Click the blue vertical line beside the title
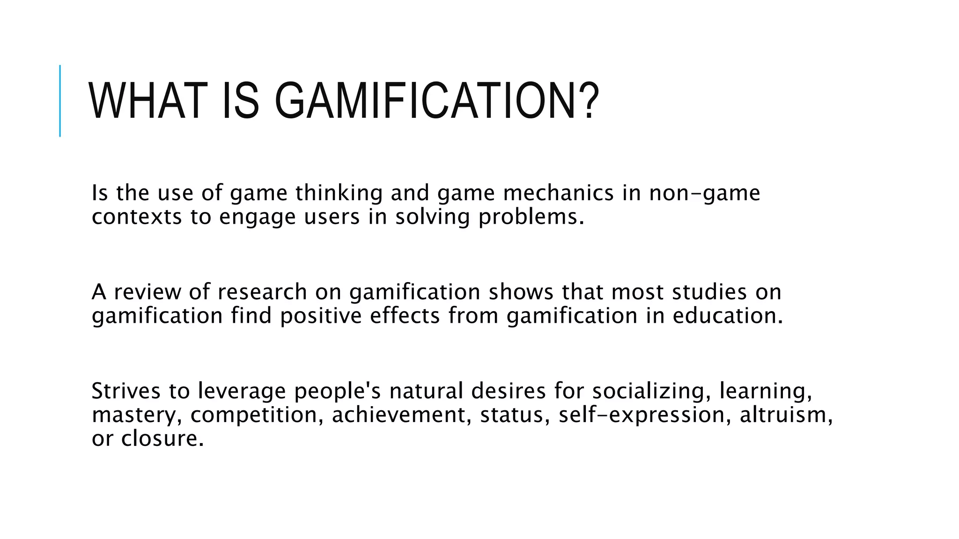tap(60, 101)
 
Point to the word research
tap(262, 292)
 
